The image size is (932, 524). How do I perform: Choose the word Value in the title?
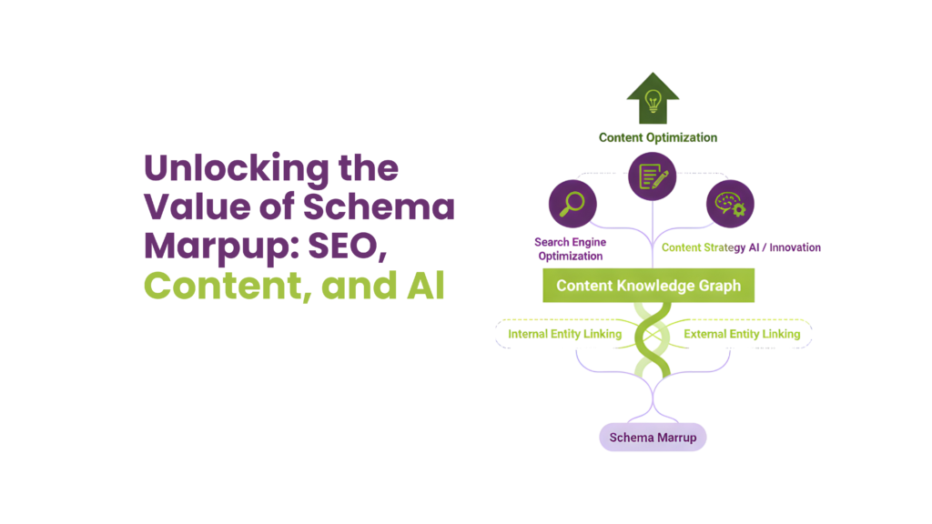[x=192, y=208]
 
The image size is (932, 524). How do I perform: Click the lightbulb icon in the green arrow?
[x=652, y=99]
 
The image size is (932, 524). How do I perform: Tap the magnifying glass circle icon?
[x=571, y=202]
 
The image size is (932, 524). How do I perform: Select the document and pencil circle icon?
[x=652, y=176]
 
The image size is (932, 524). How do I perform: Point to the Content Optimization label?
[x=657, y=138]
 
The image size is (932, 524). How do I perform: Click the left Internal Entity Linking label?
[x=564, y=334]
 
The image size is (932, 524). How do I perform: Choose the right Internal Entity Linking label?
[x=742, y=334]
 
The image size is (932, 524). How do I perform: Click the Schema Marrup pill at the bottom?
[x=653, y=438]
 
